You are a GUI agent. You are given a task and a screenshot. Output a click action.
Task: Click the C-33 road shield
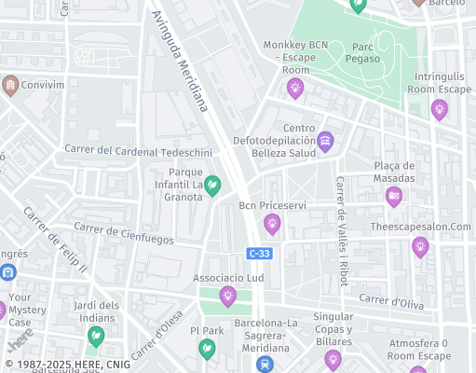260,253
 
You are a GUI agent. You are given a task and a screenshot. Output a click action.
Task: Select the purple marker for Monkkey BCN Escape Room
295,89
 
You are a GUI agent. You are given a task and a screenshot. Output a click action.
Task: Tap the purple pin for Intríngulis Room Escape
439,109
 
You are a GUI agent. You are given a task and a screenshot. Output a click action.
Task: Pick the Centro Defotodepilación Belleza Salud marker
325,142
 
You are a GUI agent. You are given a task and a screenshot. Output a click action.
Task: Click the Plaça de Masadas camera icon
394,196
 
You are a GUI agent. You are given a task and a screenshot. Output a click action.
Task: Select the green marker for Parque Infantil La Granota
212,186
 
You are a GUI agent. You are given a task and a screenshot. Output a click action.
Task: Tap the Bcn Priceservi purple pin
272,223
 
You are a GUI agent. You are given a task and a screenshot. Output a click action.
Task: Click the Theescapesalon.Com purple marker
420,246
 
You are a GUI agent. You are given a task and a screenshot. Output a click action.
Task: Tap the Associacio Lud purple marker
227,296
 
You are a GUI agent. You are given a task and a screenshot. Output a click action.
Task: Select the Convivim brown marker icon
11,86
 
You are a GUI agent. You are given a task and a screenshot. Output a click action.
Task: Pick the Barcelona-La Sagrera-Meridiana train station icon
266,365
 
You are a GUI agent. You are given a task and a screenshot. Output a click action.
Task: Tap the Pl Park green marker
207,348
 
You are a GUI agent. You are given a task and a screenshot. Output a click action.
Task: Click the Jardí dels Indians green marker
94,335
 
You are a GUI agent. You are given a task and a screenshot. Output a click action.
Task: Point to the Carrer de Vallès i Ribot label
342,225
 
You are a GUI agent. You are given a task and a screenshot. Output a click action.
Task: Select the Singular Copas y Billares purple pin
333,358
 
